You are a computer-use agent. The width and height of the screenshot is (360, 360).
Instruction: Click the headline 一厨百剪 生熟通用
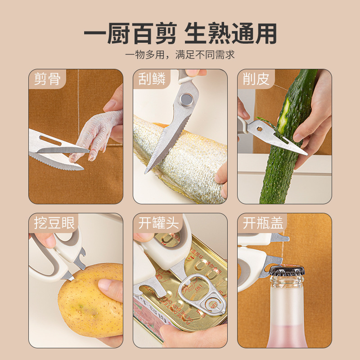click(x=180, y=33)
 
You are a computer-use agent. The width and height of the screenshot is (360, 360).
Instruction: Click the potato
click(x=88, y=301)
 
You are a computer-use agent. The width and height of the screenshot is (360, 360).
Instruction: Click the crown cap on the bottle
click(x=287, y=271)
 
